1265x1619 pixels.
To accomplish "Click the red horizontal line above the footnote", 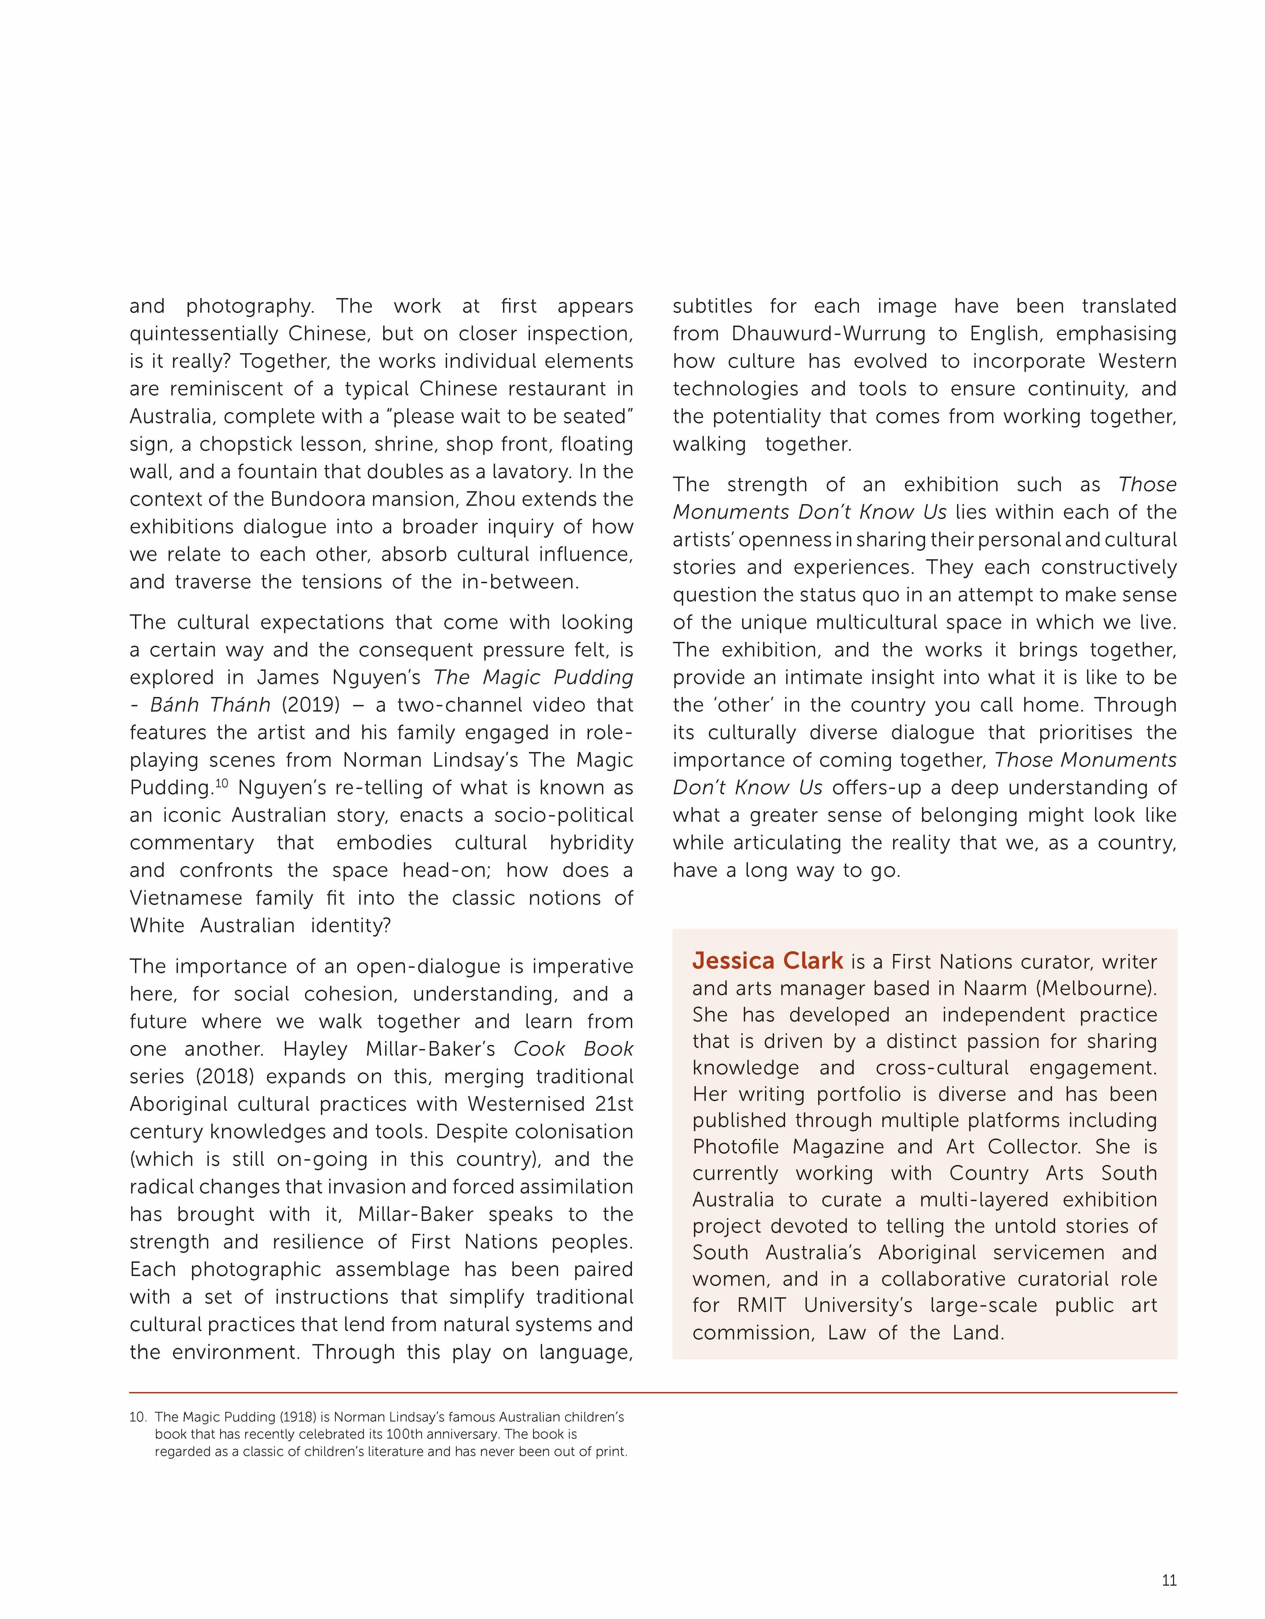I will point(653,1393).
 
